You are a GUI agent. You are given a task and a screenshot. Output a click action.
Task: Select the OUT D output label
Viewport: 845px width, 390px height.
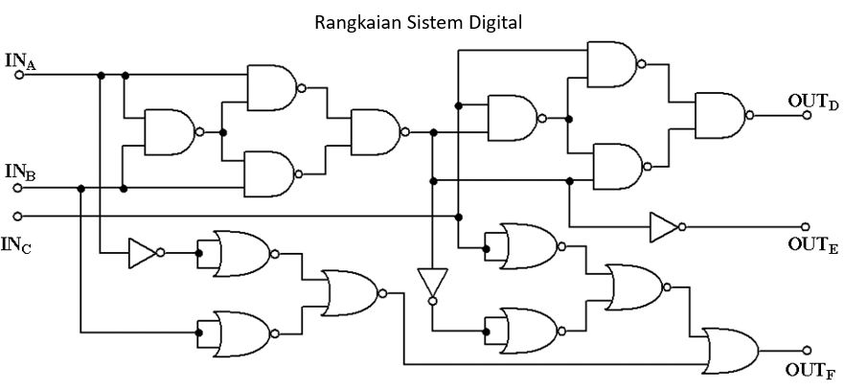coord(814,99)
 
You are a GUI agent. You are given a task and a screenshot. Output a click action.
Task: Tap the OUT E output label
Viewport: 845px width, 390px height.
coord(814,244)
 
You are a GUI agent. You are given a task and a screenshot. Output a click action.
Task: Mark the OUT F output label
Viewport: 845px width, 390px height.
coord(814,369)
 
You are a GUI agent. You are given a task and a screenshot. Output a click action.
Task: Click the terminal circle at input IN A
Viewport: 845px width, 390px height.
coord(18,75)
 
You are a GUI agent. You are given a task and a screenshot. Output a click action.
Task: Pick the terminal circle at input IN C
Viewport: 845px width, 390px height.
coord(18,215)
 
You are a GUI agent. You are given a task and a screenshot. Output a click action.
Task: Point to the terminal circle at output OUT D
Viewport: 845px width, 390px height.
coord(807,114)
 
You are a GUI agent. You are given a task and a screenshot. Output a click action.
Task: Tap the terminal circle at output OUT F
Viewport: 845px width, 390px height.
coord(807,351)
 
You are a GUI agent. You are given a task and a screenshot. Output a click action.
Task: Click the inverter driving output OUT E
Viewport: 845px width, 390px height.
coord(664,227)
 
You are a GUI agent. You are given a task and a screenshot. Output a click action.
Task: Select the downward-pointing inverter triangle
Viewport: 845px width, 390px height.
coord(432,284)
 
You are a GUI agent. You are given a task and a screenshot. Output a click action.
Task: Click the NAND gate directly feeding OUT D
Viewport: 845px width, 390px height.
coord(721,114)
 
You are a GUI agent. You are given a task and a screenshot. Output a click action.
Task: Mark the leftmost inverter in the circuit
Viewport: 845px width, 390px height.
coord(143,253)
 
